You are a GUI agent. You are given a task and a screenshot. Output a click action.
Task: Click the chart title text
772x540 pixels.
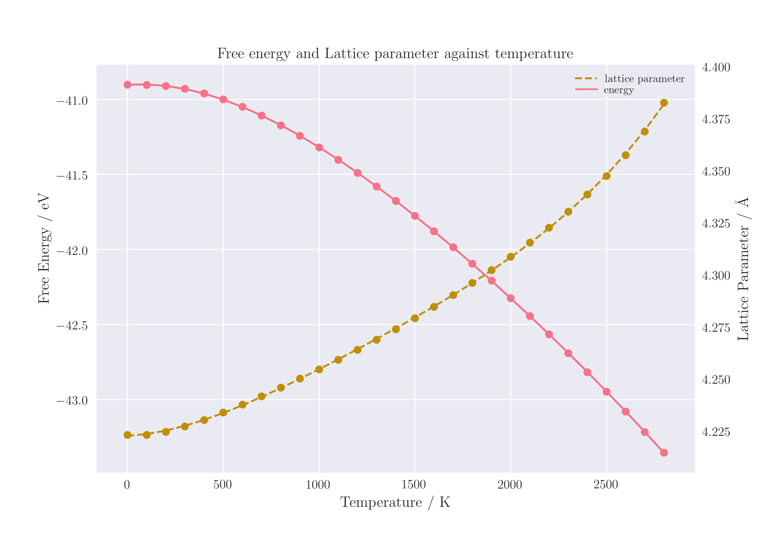(395, 54)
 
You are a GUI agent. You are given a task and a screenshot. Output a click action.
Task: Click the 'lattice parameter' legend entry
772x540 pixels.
(644, 79)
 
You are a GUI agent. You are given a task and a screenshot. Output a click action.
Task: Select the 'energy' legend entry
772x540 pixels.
(619, 90)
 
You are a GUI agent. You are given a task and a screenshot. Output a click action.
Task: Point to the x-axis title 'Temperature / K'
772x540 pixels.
(395, 503)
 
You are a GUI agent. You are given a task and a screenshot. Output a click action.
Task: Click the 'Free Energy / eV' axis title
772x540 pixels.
(44, 249)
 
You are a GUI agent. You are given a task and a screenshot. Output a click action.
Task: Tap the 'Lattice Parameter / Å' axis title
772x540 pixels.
(743, 269)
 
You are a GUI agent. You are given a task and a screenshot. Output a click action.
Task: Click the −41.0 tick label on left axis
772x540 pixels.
(72, 101)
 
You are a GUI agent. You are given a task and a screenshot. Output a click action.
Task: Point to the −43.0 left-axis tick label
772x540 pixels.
(72, 401)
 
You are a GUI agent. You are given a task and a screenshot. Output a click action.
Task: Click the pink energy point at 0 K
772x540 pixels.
(127, 85)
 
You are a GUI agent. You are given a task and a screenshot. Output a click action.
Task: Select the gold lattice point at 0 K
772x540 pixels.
(127, 435)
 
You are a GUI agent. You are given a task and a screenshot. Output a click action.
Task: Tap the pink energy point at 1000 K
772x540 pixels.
(319, 148)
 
